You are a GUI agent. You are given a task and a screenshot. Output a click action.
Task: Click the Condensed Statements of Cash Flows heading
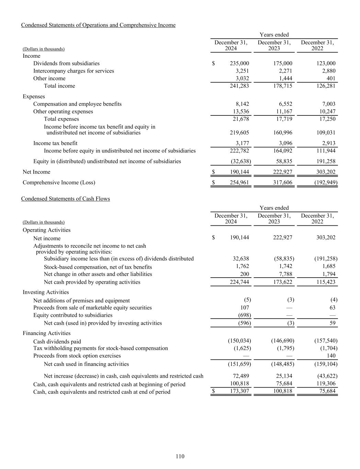tap(65, 199)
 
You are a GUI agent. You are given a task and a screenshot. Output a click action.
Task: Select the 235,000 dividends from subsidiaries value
tap(239, 64)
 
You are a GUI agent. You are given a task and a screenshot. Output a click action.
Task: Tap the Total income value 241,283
tap(239, 86)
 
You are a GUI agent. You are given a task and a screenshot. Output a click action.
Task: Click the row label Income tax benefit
tap(55, 143)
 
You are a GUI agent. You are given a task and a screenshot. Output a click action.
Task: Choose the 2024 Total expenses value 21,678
tap(240, 119)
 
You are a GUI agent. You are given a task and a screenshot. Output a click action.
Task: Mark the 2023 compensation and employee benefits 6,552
tap(284, 104)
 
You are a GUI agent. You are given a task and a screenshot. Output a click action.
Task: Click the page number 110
tap(180, 456)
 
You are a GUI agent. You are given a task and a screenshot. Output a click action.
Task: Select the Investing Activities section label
tap(46, 292)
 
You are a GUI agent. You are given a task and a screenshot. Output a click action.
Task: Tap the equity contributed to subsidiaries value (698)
tap(245, 315)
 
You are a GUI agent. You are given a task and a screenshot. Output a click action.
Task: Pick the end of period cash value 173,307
tap(239, 391)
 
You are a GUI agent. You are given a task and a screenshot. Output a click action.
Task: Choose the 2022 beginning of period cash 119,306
tap(326, 383)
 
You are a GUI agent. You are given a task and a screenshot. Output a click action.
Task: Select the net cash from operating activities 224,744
tap(239, 282)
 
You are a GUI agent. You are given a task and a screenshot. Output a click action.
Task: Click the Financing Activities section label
tap(46, 333)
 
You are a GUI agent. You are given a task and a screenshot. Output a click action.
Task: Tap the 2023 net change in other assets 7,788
tap(285, 274)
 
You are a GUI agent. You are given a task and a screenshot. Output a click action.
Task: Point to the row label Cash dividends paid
tap(57, 342)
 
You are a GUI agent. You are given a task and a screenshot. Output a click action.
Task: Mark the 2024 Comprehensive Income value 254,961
tap(239, 183)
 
